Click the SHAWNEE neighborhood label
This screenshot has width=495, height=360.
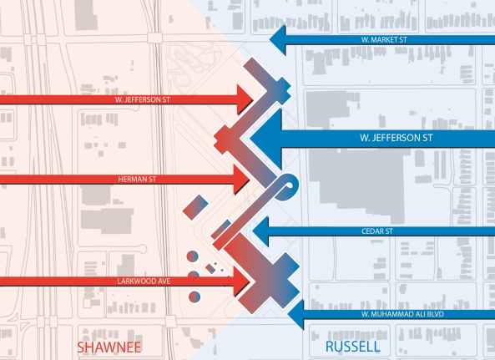click(x=109, y=346)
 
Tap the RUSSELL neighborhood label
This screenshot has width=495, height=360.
click(x=351, y=346)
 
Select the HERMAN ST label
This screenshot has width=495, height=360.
click(x=134, y=178)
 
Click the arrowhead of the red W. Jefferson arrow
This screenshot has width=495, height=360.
click(x=243, y=99)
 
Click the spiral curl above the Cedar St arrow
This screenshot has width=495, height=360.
click(x=288, y=185)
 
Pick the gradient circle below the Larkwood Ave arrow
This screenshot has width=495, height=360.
click(x=194, y=296)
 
